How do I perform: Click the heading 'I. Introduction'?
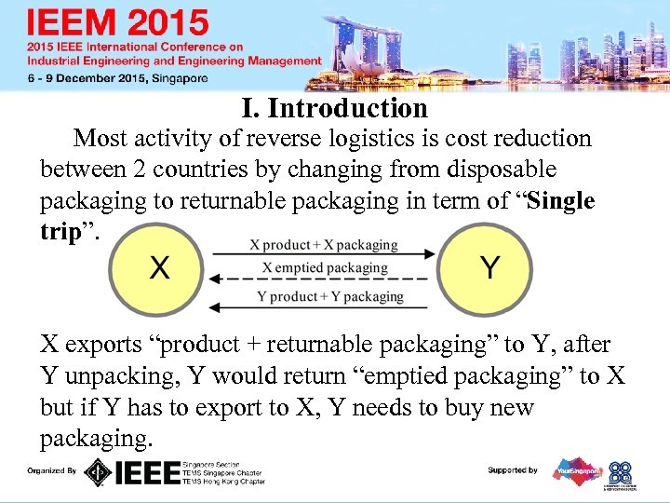[x=334, y=109]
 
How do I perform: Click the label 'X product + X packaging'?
[x=324, y=245]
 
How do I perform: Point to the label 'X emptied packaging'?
[x=325, y=267]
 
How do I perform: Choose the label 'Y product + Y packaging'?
[x=329, y=296]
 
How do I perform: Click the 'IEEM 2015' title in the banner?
[x=118, y=23]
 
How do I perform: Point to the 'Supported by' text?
[x=513, y=470]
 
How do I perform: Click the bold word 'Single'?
[x=560, y=201]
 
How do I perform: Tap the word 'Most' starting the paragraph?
[x=100, y=139]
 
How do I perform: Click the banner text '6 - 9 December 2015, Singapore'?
[x=118, y=79]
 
